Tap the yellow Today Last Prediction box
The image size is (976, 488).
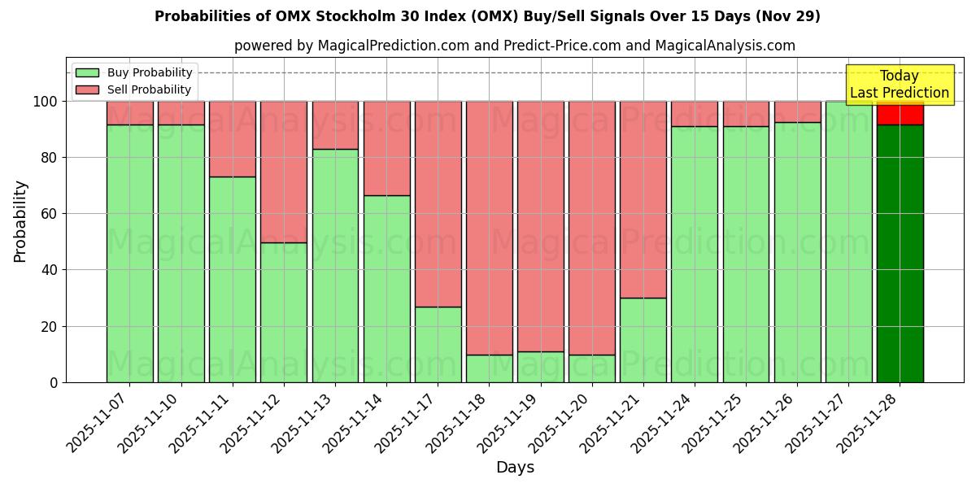point(899,85)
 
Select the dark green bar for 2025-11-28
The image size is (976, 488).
point(900,253)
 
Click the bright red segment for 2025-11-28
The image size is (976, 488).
point(900,113)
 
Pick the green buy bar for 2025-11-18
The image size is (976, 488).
point(489,368)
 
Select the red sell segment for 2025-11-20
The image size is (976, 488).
point(591,228)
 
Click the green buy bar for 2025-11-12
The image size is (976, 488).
point(284,312)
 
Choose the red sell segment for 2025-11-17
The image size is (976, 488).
point(438,203)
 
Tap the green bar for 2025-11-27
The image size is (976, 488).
point(848,242)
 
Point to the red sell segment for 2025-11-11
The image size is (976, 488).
point(233,138)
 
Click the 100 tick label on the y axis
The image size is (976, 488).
point(45,102)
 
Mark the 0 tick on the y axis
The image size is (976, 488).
point(54,382)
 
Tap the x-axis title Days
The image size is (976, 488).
point(515,468)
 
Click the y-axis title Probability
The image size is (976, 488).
point(20,220)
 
